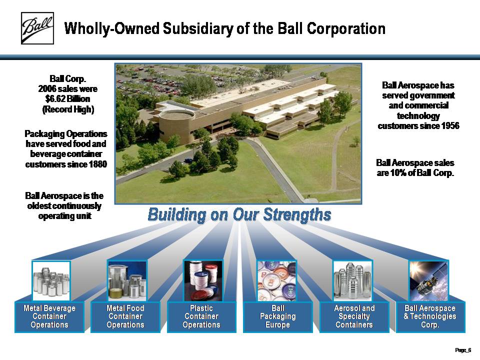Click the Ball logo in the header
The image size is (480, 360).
click(37, 28)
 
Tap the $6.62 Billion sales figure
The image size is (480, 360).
click(67, 99)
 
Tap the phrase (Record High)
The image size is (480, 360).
click(68, 109)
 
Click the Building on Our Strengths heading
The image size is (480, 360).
click(239, 214)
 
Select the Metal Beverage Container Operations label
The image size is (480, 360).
click(49, 316)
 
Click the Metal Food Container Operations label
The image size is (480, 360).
click(125, 316)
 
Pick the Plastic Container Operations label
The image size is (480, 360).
click(201, 316)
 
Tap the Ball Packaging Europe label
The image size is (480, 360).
click(277, 316)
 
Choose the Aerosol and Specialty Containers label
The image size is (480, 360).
click(354, 316)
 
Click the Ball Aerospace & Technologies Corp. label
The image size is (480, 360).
click(430, 316)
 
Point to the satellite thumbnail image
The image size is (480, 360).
click(428, 281)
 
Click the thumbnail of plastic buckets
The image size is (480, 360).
click(203, 280)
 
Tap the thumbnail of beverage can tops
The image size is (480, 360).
click(276, 280)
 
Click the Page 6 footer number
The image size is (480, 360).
click(463, 350)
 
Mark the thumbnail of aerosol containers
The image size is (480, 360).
click(352, 280)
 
